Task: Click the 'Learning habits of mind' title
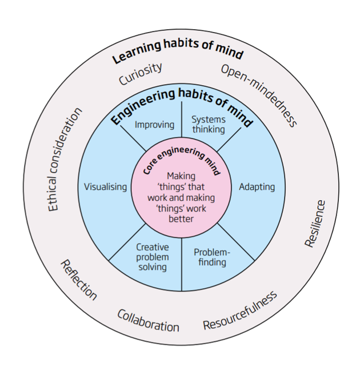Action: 178,53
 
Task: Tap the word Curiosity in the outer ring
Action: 141,74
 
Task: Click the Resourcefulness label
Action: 240,310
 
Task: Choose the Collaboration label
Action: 149,320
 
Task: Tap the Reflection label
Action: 78,280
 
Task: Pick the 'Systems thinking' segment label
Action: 208,124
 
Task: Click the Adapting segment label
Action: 257,187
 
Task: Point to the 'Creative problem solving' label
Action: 152,257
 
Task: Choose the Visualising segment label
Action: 105,187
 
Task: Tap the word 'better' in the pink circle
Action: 181,218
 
